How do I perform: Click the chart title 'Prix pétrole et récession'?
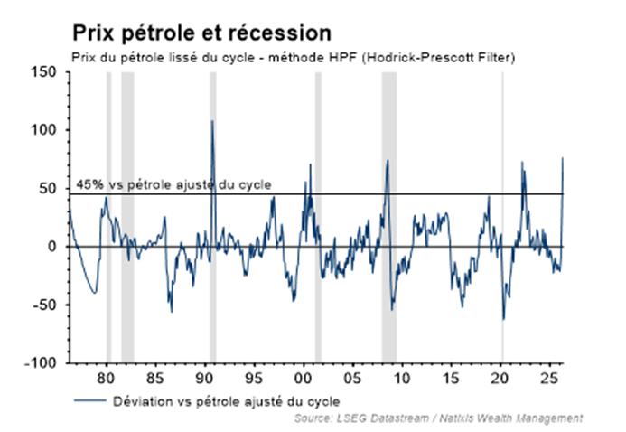click(x=201, y=33)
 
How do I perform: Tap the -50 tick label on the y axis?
click(x=46, y=305)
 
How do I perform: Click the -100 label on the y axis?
click(x=42, y=363)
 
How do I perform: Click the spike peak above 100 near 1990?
click(x=212, y=121)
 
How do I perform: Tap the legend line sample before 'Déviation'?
click(x=87, y=399)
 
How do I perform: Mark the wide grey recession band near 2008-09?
click(x=388, y=217)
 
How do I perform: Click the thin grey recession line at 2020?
click(x=502, y=217)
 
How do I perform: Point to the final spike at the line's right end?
click(x=563, y=158)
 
